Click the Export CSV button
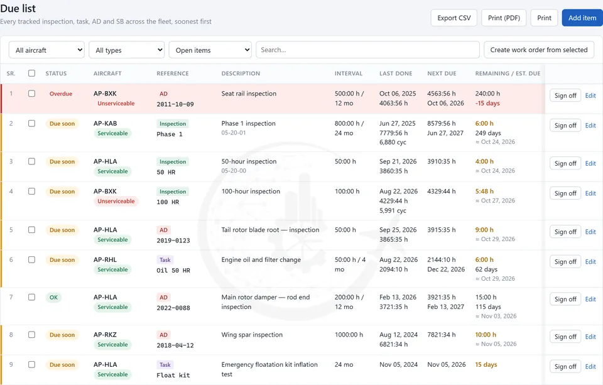point(454,18)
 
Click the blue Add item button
point(582,18)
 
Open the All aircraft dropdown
point(46,50)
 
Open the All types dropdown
point(126,50)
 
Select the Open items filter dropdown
point(210,50)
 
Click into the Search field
point(367,50)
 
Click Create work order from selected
point(539,50)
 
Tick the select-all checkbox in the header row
point(31,73)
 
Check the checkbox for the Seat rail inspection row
point(31,94)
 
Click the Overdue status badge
point(61,94)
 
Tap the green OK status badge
point(53,297)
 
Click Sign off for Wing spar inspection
point(565,337)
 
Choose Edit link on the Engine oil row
point(590,262)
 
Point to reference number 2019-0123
point(173,241)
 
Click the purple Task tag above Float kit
point(165,365)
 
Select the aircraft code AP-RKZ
point(105,335)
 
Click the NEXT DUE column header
point(442,73)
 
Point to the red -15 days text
point(487,103)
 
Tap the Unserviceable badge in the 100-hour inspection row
point(116,201)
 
